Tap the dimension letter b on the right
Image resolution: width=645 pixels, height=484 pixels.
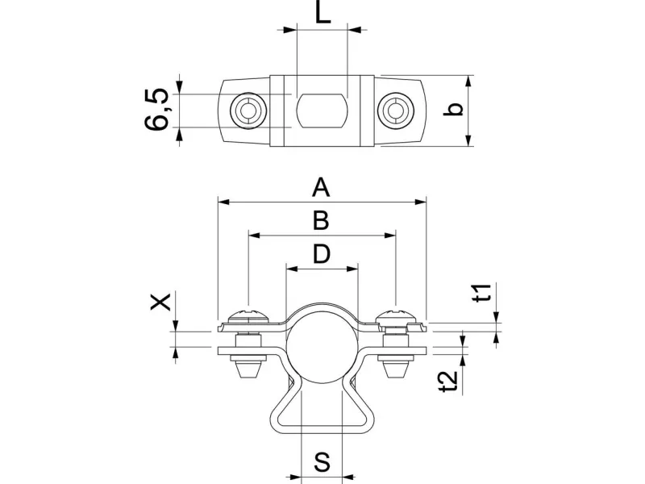point(456,110)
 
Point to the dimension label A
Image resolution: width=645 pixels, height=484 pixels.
point(322,188)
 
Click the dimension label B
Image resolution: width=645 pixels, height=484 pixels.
point(322,219)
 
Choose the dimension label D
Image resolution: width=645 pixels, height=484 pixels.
point(322,254)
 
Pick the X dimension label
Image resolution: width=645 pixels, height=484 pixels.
point(161,302)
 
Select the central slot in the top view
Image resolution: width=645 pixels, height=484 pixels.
point(322,111)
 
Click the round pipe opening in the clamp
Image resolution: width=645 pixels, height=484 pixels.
point(322,342)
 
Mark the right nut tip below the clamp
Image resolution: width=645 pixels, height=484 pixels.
point(395,372)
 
